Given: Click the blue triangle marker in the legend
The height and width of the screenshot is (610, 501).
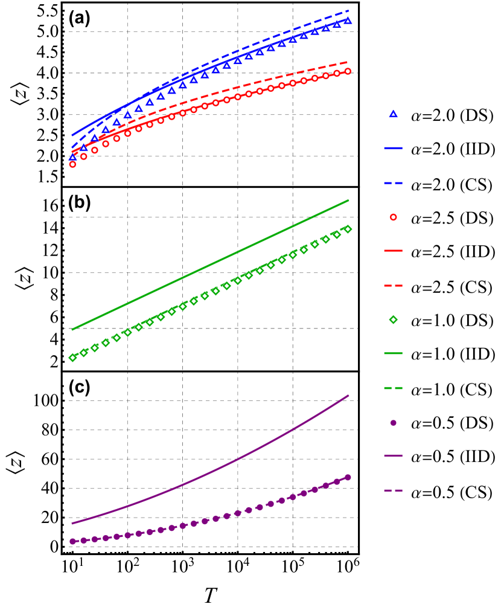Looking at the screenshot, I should point(393,114).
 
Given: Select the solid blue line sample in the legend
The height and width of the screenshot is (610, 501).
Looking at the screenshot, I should point(393,148).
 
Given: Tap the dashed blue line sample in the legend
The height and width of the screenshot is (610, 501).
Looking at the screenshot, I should point(393,183).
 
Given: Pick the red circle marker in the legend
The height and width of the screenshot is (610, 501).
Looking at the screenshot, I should point(393,217).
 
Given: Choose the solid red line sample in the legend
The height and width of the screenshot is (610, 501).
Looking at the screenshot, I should point(393,251).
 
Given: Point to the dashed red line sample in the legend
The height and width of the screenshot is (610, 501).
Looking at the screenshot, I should point(393,286).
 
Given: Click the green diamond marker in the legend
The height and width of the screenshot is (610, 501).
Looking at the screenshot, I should point(393,319).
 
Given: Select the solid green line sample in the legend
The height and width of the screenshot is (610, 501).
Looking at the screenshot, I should point(393,353).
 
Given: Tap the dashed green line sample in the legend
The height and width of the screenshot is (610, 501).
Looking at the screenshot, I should point(393,388).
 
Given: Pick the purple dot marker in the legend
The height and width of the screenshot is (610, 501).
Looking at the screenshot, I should point(393,423).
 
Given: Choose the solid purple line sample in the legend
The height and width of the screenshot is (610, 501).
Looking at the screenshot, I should point(393,456).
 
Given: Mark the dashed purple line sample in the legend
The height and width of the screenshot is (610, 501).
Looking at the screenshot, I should point(393,490).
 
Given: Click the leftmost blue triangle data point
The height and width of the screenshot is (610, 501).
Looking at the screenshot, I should point(73,157).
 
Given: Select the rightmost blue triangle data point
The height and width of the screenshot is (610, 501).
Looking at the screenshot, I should point(348,21).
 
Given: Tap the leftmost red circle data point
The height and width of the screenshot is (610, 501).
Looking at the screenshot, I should point(73,164).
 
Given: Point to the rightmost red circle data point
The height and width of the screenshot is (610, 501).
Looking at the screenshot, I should point(348,71).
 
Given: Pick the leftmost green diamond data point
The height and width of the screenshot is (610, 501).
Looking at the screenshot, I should point(73,358).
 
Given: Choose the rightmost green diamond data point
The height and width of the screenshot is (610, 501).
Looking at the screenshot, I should point(348,229).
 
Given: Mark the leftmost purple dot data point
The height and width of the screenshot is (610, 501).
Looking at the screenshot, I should point(73,541).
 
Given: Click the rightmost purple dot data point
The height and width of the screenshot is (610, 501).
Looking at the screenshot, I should point(348,477).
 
